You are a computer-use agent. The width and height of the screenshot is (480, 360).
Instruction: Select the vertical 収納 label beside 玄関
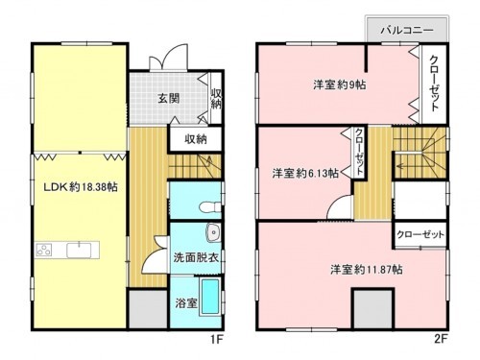click(x=216, y=99)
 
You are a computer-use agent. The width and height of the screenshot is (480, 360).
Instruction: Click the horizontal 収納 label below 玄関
click(x=195, y=138)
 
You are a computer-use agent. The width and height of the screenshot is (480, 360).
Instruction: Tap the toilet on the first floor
click(x=204, y=206)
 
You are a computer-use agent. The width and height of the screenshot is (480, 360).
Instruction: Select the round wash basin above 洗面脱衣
click(x=212, y=233)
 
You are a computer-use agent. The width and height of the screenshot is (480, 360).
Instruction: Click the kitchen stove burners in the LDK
click(x=44, y=251)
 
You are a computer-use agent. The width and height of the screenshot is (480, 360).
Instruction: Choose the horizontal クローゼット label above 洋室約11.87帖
click(x=420, y=234)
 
